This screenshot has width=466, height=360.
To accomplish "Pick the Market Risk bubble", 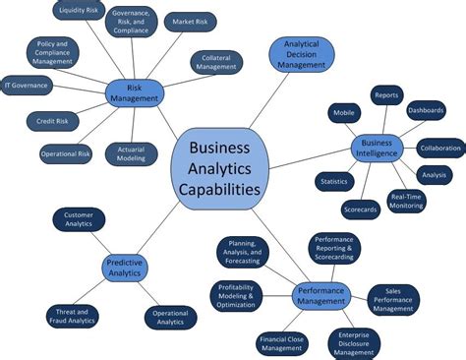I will point(190,20).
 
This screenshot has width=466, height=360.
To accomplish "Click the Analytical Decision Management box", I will point(304,55).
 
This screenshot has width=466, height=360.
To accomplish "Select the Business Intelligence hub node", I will point(378,147).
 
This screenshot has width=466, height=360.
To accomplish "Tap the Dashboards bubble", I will point(426,110).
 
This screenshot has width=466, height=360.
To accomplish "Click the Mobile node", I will point(344,113).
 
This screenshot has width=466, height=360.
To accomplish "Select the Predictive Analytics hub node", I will point(125,268).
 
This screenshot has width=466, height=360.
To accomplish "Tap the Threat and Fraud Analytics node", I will point(72,316).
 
